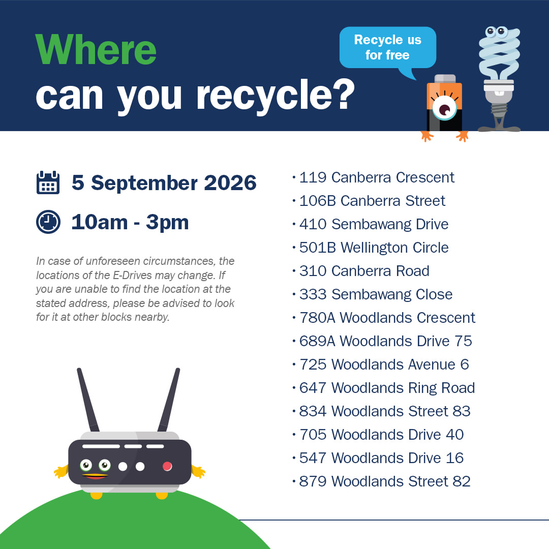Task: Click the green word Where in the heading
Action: (96, 50)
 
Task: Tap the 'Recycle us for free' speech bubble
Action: (387, 48)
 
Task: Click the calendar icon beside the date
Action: (48, 182)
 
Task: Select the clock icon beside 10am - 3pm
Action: (48, 222)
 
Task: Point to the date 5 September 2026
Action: (164, 183)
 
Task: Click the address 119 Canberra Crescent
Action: (377, 177)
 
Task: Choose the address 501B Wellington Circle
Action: (374, 248)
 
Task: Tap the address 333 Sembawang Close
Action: (376, 294)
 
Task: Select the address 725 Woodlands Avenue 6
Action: (384, 364)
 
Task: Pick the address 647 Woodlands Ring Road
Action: (387, 388)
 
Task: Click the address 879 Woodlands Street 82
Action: (385, 481)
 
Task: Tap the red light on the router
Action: (167, 466)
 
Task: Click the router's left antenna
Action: (88, 400)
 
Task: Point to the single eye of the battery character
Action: (445, 110)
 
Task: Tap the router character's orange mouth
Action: (95, 476)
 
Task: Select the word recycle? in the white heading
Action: (276, 95)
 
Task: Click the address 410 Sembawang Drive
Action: (374, 225)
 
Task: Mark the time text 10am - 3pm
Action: (130, 222)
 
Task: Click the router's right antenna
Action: (169, 400)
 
